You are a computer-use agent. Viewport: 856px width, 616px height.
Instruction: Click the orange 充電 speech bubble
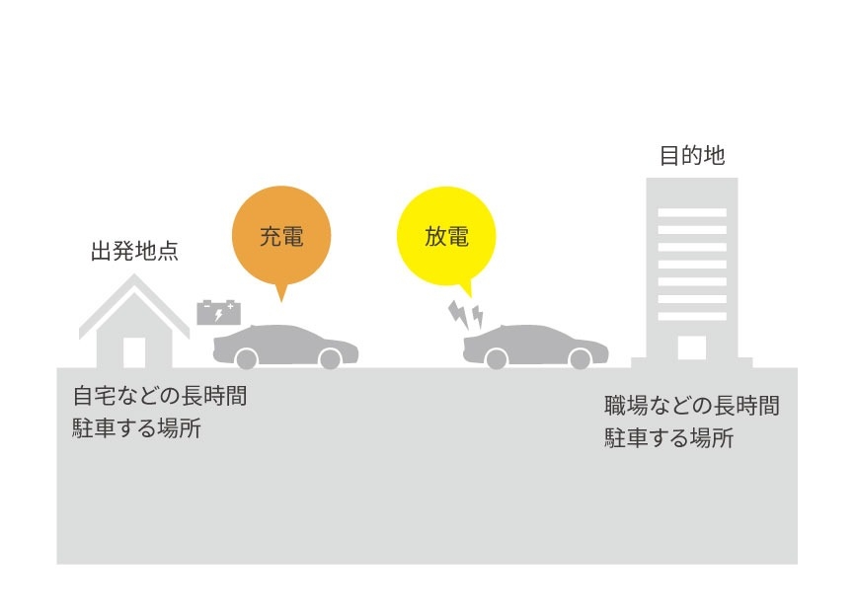pyautogui.click(x=281, y=236)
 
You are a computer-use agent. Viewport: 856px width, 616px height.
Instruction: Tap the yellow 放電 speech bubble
pyautogui.click(x=446, y=237)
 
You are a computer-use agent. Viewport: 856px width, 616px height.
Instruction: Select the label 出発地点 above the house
pyautogui.click(x=134, y=251)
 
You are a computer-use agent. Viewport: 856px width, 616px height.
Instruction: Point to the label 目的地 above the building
pyautogui.click(x=692, y=156)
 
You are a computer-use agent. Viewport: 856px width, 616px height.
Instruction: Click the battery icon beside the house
pyautogui.click(x=218, y=313)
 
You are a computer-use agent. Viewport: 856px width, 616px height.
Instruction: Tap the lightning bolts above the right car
pyautogui.click(x=466, y=315)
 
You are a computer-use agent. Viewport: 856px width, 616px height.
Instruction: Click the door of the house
pyautogui.click(x=134, y=352)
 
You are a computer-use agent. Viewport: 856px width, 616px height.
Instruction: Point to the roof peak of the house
pyautogui.click(x=134, y=274)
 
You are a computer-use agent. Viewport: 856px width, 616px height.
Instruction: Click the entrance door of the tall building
pyautogui.click(x=692, y=347)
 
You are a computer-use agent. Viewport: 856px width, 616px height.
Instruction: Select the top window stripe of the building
pyautogui.click(x=692, y=212)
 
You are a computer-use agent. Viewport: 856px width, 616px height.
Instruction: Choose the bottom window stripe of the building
pyautogui.click(x=692, y=316)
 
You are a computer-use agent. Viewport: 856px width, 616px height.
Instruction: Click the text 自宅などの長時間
pyautogui.click(x=160, y=396)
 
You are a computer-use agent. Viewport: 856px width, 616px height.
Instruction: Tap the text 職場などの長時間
pyautogui.click(x=692, y=406)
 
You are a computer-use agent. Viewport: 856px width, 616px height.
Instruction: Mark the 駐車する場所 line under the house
pyautogui.click(x=136, y=427)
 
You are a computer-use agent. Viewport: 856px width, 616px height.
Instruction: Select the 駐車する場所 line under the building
pyautogui.click(x=668, y=437)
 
